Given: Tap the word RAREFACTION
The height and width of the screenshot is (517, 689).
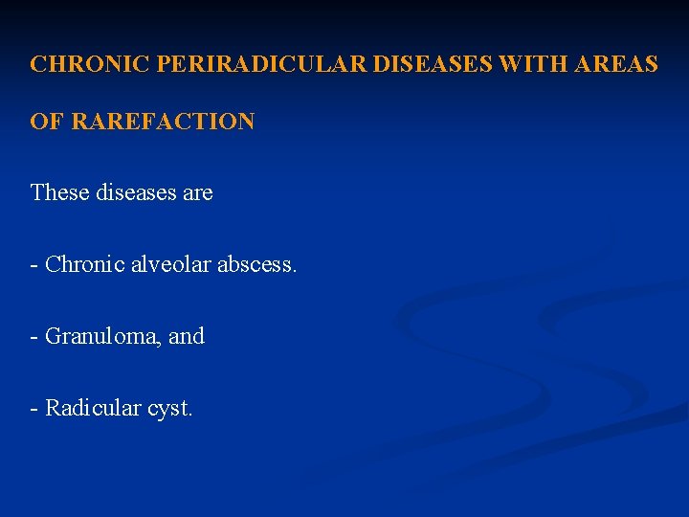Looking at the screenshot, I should pos(163,122).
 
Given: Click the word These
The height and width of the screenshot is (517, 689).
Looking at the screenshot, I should pos(59,192).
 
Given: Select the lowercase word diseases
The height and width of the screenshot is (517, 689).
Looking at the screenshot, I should pos(135,192).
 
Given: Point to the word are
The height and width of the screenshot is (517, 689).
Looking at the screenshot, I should pos(198,192).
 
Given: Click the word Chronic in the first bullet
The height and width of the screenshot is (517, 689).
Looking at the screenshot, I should pos(84,264).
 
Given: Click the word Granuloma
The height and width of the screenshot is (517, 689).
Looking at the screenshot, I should pos(102,336).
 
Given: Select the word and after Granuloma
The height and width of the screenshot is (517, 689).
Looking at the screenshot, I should pos(187,336).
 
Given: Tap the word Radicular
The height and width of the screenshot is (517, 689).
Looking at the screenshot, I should pos(93,408).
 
